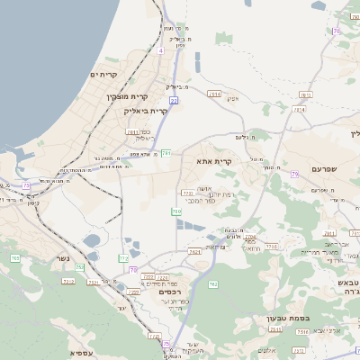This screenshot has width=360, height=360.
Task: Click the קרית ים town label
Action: [105, 75]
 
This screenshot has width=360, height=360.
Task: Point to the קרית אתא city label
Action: [213, 161]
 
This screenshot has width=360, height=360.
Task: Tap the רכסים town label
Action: [166, 292]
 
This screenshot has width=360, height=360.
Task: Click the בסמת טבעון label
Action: [285, 317]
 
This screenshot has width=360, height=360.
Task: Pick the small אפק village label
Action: [231, 98]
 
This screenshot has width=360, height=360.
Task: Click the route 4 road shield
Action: [160, 51]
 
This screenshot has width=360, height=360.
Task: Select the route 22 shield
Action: [173, 102]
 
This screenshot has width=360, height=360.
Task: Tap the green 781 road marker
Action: [166, 153]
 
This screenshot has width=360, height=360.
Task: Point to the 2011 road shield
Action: [131, 131]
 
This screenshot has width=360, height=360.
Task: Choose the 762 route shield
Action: [213, 284]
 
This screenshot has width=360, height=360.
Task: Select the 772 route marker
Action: [123, 258]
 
